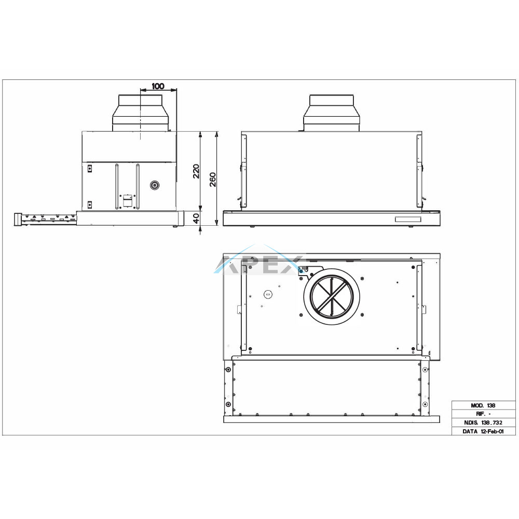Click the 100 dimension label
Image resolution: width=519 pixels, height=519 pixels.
coord(158,86)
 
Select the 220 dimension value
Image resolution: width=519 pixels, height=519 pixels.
coord(196,171)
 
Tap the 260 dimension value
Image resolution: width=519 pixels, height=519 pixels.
coord(212,180)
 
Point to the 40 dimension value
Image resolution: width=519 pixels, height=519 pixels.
coord(196,218)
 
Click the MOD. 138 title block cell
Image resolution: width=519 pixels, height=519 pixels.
coord(483,405)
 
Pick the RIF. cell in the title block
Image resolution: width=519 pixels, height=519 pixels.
coord(483,414)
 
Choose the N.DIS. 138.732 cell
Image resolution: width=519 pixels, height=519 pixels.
coord(483,422)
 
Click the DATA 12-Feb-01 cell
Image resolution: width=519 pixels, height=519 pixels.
coord(483,431)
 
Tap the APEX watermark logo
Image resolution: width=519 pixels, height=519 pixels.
coord(260,264)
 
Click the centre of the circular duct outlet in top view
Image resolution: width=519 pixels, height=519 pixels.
coord(332,294)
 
